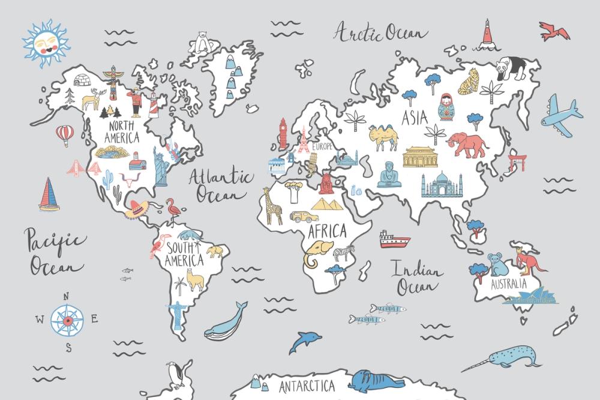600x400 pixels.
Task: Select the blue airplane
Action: (x=560, y=116)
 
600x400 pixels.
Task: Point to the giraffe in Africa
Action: (x=273, y=205)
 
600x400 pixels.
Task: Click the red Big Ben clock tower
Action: (x=283, y=134)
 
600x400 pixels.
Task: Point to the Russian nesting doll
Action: (x=446, y=107)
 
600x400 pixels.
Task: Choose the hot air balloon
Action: (x=65, y=134)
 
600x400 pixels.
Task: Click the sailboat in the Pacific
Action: (x=49, y=194)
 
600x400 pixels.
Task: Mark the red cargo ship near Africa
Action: (x=394, y=240)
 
